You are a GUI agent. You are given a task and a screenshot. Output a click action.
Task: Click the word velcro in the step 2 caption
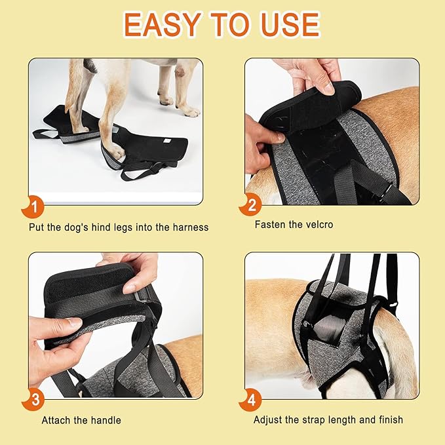[318, 225]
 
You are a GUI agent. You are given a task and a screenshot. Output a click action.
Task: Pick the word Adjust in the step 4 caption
[269, 419]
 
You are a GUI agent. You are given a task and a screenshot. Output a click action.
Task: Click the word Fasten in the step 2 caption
[270, 225]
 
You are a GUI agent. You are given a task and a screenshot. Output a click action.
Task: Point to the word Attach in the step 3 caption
[56, 420]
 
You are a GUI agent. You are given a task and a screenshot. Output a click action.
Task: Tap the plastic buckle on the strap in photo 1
[155, 169]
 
